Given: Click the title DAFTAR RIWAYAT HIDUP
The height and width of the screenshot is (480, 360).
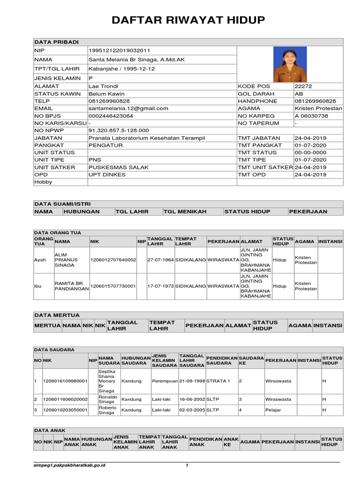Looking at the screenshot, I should (x=188, y=20).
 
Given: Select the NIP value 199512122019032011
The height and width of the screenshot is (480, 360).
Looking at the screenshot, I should (x=120, y=50).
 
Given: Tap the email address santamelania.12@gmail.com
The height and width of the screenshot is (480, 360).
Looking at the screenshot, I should (x=128, y=108).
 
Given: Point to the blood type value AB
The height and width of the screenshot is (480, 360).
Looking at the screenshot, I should (x=299, y=94).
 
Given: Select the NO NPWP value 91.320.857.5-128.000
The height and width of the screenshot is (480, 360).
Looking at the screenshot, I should (x=119, y=130).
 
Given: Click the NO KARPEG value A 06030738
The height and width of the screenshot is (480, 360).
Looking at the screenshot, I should (x=311, y=116).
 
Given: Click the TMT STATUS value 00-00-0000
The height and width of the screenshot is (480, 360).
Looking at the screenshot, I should (x=310, y=152).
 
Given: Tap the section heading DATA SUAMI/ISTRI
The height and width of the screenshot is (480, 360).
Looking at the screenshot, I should (x=62, y=204).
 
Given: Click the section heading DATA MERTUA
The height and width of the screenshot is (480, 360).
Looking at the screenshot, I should (x=57, y=315).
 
